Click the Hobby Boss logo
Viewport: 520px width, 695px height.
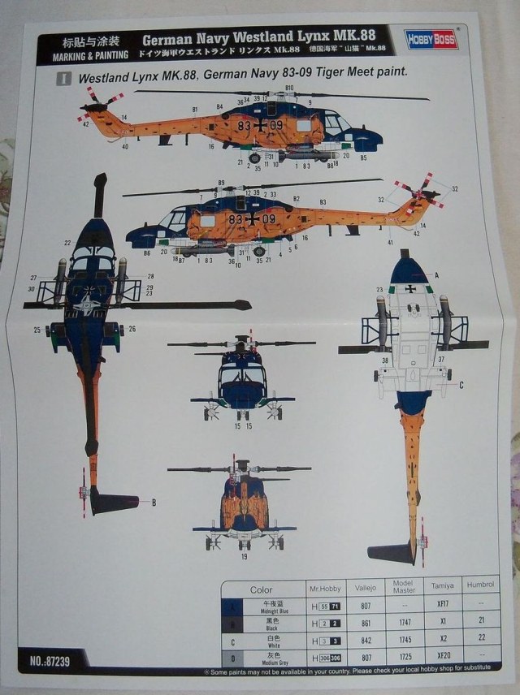coord(431,39)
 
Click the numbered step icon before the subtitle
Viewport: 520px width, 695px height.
coord(63,80)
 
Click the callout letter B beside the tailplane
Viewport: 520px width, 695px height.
coord(153,503)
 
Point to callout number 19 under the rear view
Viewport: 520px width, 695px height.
coord(243,558)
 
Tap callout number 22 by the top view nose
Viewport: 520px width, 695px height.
coord(67,243)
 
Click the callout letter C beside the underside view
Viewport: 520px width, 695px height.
coord(461,386)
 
